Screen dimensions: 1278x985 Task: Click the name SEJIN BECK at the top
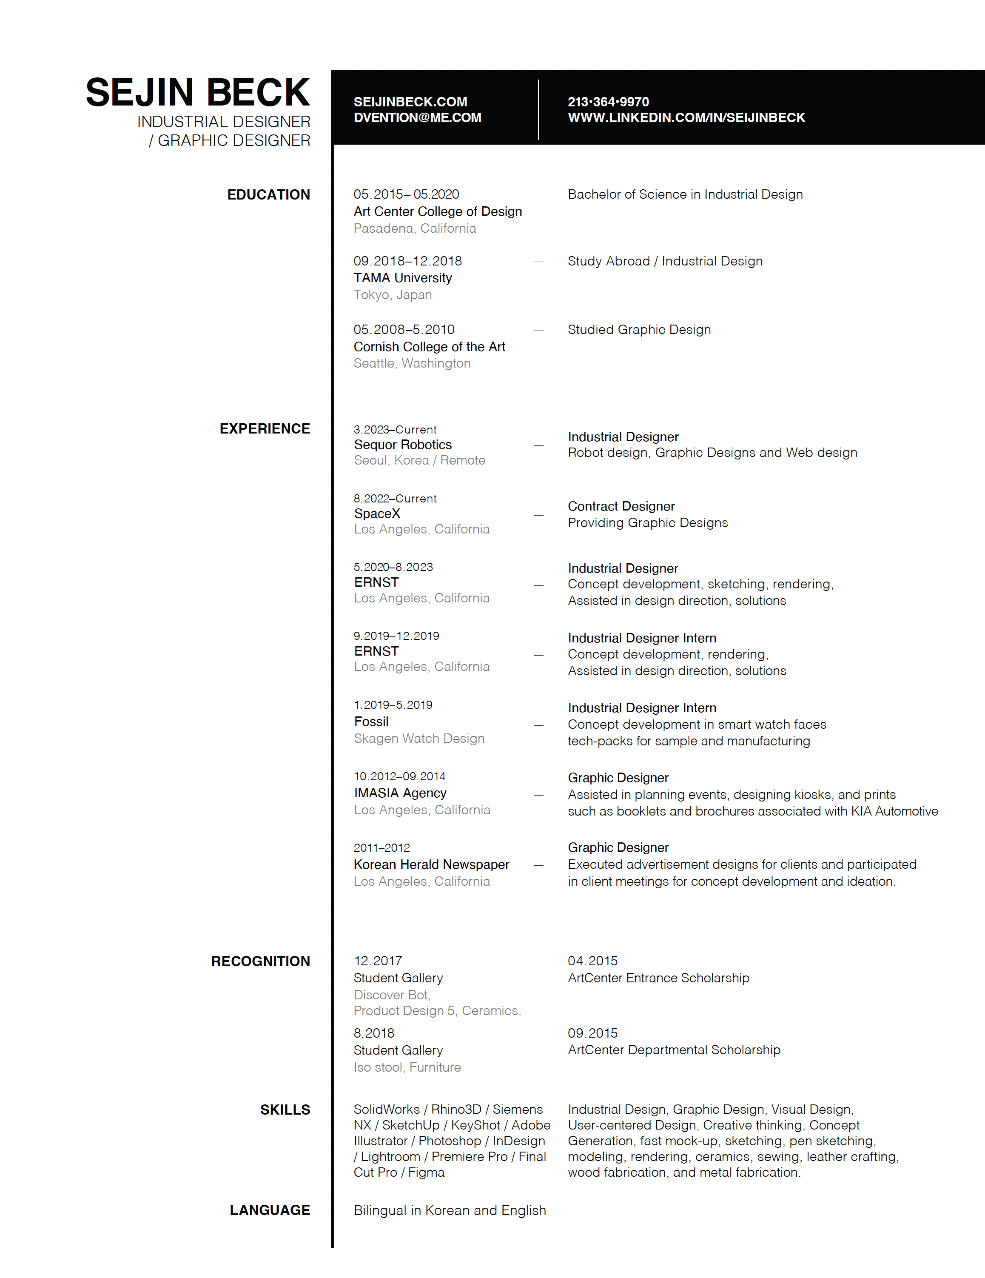[x=198, y=92]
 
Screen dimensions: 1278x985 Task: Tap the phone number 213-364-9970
[x=608, y=102]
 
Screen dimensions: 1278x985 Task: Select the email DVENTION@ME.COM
[x=417, y=117]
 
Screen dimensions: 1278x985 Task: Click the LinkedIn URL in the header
[x=686, y=117]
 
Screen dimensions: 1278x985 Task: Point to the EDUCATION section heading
[x=268, y=195]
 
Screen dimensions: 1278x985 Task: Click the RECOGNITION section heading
[x=260, y=961]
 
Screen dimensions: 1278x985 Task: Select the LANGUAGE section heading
[x=270, y=1210]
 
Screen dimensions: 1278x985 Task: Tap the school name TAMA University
[x=402, y=278]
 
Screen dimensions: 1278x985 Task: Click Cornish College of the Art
[x=429, y=346]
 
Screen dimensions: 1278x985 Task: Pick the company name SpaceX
[x=377, y=514]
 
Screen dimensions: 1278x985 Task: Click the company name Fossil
[x=371, y=722]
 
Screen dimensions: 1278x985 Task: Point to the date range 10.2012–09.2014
[x=399, y=776]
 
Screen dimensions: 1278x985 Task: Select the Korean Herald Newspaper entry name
[x=432, y=864]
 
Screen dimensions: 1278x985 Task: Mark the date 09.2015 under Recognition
[x=592, y=1033]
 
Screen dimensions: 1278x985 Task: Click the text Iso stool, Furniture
[x=407, y=1067]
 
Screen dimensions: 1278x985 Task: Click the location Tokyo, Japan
[x=393, y=295]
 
